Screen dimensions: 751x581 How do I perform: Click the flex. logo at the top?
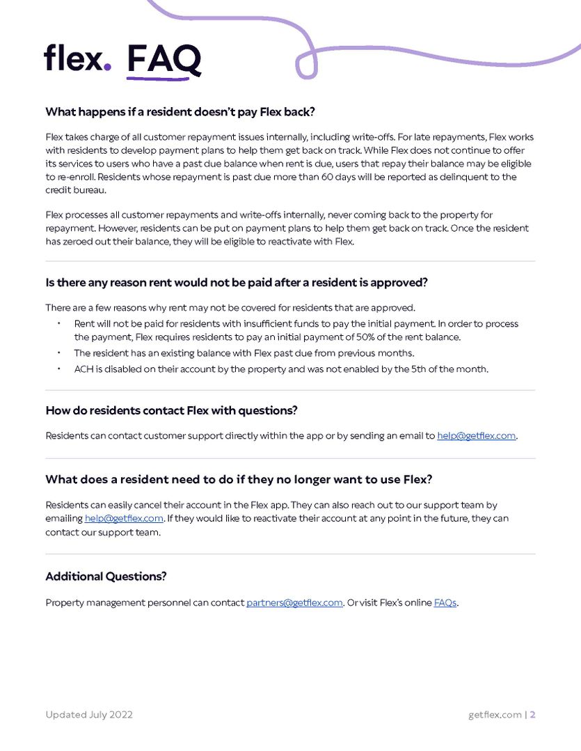pos(77,58)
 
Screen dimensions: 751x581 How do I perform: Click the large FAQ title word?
pos(164,59)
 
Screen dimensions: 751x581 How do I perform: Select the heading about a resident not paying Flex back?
pos(180,112)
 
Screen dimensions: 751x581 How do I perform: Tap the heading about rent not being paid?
pos(236,282)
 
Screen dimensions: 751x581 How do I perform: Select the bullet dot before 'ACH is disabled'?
pos(59,369)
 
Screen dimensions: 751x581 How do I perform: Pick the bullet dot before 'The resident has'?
pos(59,353)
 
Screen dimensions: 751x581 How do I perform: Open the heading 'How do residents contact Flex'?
pos(171,410)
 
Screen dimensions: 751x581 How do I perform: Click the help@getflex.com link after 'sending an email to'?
pos(477,436)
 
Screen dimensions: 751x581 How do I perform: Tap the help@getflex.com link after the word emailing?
pos(124,519)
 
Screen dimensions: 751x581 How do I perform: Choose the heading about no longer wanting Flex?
pos(239,479)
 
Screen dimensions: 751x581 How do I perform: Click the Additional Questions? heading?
pos(106,576)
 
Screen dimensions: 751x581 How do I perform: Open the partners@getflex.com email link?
pos(294,603)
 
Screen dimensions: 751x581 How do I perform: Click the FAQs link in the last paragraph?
pos(445,603)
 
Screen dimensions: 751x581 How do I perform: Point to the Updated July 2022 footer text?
pos(89,715)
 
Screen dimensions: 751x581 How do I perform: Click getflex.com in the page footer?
pos(495,715)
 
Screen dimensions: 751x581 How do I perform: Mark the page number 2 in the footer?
pos(532,715)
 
